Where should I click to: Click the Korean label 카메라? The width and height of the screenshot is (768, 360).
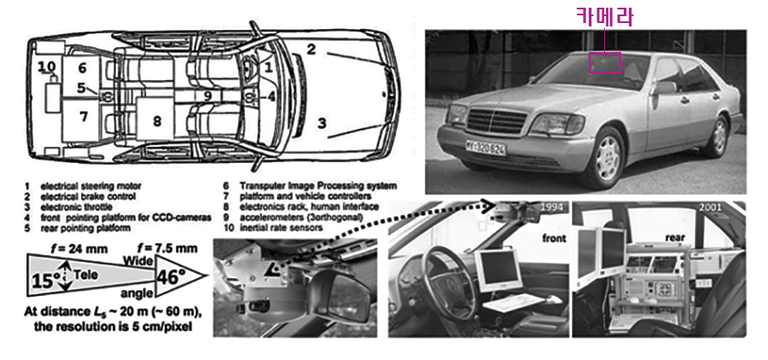pos(604,16)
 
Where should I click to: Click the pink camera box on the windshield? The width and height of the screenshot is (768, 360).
pos(605,61)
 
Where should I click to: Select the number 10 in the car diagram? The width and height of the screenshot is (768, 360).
pos(46,66)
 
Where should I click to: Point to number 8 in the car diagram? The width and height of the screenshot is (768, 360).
pos(157,121)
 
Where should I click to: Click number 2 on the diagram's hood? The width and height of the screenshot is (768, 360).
pos(311,49)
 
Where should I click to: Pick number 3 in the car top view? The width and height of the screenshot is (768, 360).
pos(322,122)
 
